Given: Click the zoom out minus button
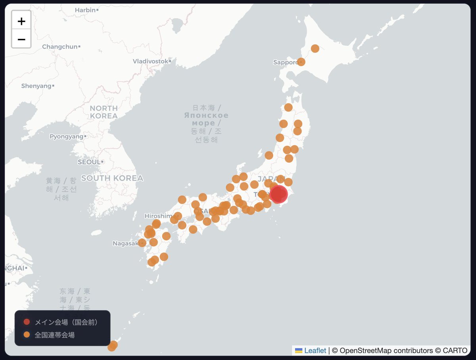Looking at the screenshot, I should coord(21,39).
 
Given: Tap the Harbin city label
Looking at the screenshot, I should coord(85,10).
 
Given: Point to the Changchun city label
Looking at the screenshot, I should coord(60,47).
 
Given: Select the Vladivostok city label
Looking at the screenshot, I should coord(150,61).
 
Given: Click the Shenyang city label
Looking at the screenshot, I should coord(36,86).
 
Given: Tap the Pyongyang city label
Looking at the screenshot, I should coord(66,137).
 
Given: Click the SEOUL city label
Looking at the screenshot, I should coord(89,162).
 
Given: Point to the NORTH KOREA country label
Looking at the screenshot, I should coord(104,112).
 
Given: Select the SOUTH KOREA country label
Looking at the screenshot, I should coord(112,178).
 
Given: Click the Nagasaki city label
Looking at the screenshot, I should coord(125,243).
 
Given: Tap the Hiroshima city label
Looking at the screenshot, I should coord(159,216).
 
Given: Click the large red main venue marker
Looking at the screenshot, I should coord(278,194).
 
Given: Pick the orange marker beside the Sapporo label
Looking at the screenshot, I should coord(301,62).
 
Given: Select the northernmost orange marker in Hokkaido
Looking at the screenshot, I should coord(315,48).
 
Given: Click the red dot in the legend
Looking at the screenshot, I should coord(27,322).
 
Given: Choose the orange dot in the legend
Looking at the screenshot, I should coord(27,335).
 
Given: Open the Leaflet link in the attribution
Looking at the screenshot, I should coord(315,350).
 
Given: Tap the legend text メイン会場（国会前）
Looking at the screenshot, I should coord(66,322).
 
